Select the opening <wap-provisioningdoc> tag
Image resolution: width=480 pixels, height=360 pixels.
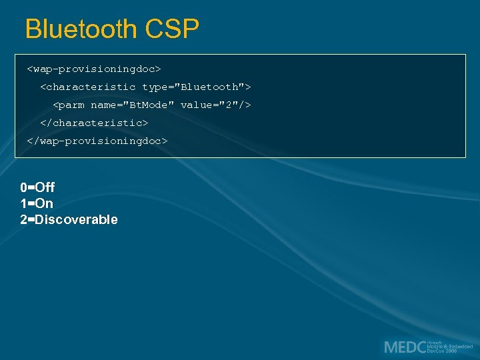tap(94, 69)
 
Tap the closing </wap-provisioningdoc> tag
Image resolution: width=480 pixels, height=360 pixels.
tap(97, 141)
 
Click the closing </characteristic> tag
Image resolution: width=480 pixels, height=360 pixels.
tap(94, 123)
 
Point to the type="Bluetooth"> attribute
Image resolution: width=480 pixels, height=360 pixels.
tap(197, 87)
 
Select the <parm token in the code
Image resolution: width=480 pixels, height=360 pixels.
tap(69, 105)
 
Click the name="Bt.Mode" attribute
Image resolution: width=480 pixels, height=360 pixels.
tap(133, 105)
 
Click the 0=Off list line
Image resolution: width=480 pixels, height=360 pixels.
tap(37, 187)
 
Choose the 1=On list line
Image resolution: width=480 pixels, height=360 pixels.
tap(37, 203)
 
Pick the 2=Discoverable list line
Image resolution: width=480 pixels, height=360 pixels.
tap(69, 219)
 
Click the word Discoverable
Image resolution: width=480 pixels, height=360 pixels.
tap(76, 219)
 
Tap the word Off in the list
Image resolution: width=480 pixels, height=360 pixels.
tap(45, 187)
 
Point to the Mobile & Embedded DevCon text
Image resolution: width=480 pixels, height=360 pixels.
tap(450, 347)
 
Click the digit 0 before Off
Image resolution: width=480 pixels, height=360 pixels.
tap(23, 187)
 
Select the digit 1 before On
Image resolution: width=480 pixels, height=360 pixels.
tap(23, 203)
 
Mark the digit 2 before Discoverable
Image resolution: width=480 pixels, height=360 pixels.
tap(23, 219)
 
